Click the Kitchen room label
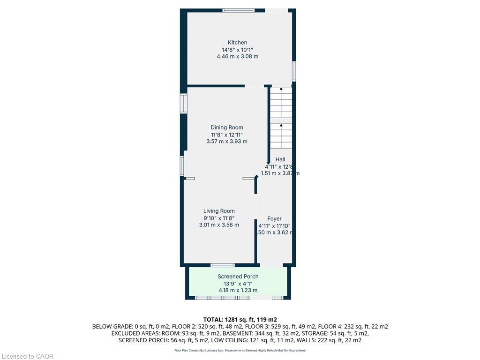237,43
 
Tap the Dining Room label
227,127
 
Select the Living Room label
219,211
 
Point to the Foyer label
274,219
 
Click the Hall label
280,160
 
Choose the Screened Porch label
238,277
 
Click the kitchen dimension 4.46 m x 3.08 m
237,56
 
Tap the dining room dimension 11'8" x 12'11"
227,135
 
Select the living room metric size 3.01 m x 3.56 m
219,225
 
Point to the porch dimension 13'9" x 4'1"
238,284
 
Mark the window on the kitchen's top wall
238,10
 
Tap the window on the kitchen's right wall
294,71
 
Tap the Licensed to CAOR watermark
28,356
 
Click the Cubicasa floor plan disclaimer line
240,350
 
